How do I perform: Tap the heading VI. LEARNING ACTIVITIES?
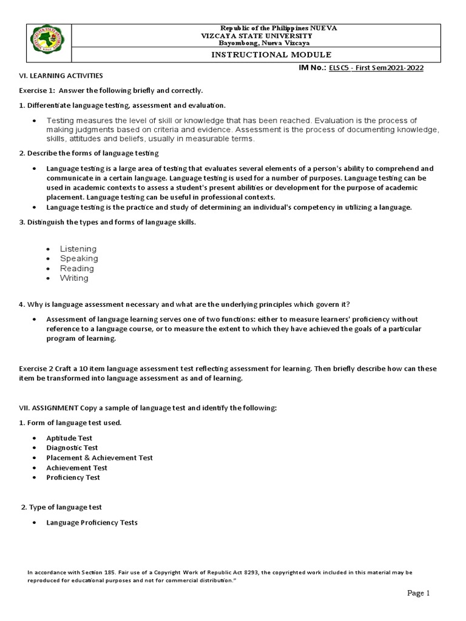59,76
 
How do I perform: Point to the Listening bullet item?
78,249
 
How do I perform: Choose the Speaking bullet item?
78,258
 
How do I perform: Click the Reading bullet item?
76,268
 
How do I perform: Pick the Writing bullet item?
74,278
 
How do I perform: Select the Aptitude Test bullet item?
69,438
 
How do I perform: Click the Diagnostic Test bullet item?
72,448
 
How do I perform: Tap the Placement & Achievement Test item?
100,458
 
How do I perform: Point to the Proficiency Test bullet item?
73,477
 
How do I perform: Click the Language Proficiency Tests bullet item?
92,522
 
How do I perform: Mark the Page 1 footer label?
418,593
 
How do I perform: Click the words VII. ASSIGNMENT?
48,408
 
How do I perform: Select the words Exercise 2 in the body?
36,369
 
